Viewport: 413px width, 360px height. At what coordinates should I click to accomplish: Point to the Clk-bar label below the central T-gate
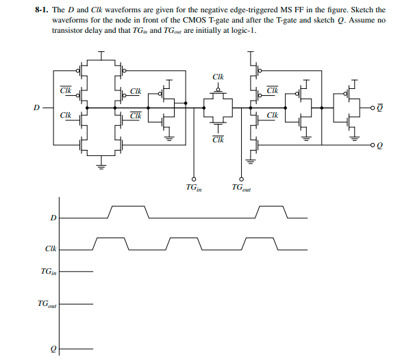(217, 140)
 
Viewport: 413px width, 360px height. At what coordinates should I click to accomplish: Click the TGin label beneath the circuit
(194, 186)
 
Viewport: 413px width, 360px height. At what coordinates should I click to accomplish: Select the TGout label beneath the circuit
(241, 186)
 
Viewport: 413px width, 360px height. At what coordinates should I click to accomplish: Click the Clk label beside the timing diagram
(50, 250)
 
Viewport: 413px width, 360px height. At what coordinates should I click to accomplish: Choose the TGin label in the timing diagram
(48, 272)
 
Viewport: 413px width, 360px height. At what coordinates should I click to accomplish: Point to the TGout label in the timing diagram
(47, 303)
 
